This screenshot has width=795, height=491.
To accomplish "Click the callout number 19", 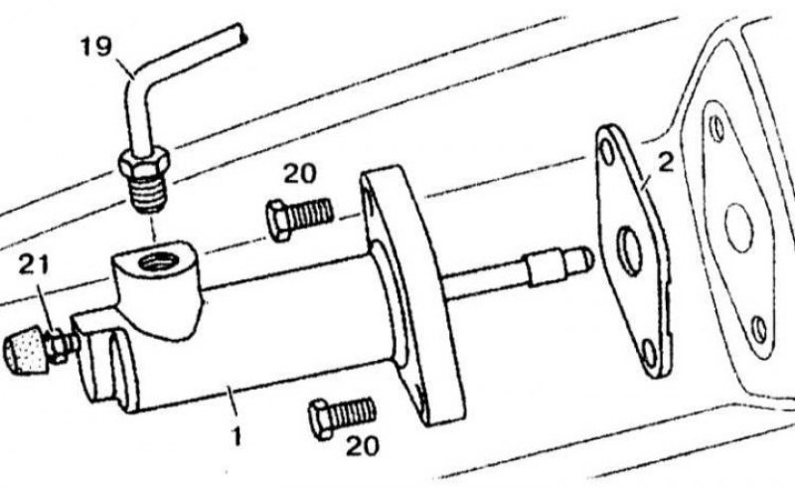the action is tap(95, 46).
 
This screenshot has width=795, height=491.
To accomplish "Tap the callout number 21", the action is tap(34, 264).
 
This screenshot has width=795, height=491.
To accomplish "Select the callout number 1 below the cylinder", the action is tap(237, 436).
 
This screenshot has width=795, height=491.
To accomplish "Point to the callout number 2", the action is tap(666, 162).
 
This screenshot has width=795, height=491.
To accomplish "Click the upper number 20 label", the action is tap(300, 174).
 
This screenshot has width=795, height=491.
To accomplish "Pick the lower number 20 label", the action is tap(363, 446).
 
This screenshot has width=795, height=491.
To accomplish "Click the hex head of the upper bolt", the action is tap(278, 221).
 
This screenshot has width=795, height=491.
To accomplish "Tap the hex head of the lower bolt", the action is tap(320, 419).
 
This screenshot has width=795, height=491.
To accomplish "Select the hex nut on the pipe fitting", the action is tap(144, 161).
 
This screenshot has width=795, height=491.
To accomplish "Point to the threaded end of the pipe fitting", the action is tap(150, 193).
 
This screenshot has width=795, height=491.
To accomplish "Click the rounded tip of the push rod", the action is tap(585, 258).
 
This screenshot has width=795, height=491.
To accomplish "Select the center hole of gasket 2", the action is tap(630, 251).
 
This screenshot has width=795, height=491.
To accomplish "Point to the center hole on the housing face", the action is tap(738, 228).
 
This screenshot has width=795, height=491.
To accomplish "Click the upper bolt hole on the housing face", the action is tap(716, 129).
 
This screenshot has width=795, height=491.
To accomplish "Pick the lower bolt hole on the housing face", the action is tap(758, 330).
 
